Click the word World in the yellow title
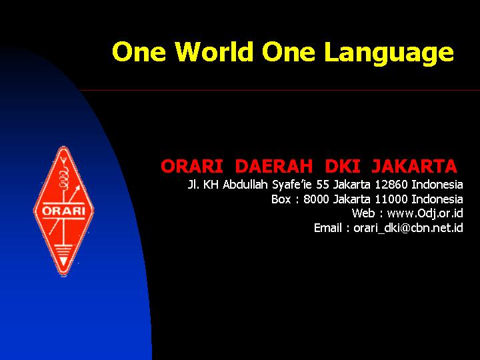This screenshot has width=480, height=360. tap(214, 51)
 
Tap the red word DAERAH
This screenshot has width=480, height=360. tap(274, 166)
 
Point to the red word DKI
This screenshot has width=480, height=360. tap(342, 166)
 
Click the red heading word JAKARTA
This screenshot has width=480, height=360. tap(414, 166)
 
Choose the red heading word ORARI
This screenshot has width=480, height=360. tap(192, 166)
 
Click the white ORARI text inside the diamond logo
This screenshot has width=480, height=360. tap(63, 211)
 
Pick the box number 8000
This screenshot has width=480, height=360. tap(317, 199)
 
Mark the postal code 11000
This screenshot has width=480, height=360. tap(391, 199)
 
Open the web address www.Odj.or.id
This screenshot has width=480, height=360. tap(425, 213)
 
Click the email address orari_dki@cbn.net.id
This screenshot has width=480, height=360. tap(408, 228)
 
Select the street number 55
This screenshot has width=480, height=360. tap(323, 185)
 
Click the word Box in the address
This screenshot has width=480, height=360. tap(281, 199)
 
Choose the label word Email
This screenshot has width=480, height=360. tap(328, 228)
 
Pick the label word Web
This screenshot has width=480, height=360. tap(363, 213)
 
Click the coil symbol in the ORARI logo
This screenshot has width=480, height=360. tap(64, 179)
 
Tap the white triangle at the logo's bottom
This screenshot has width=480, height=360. tap(63, 261)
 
